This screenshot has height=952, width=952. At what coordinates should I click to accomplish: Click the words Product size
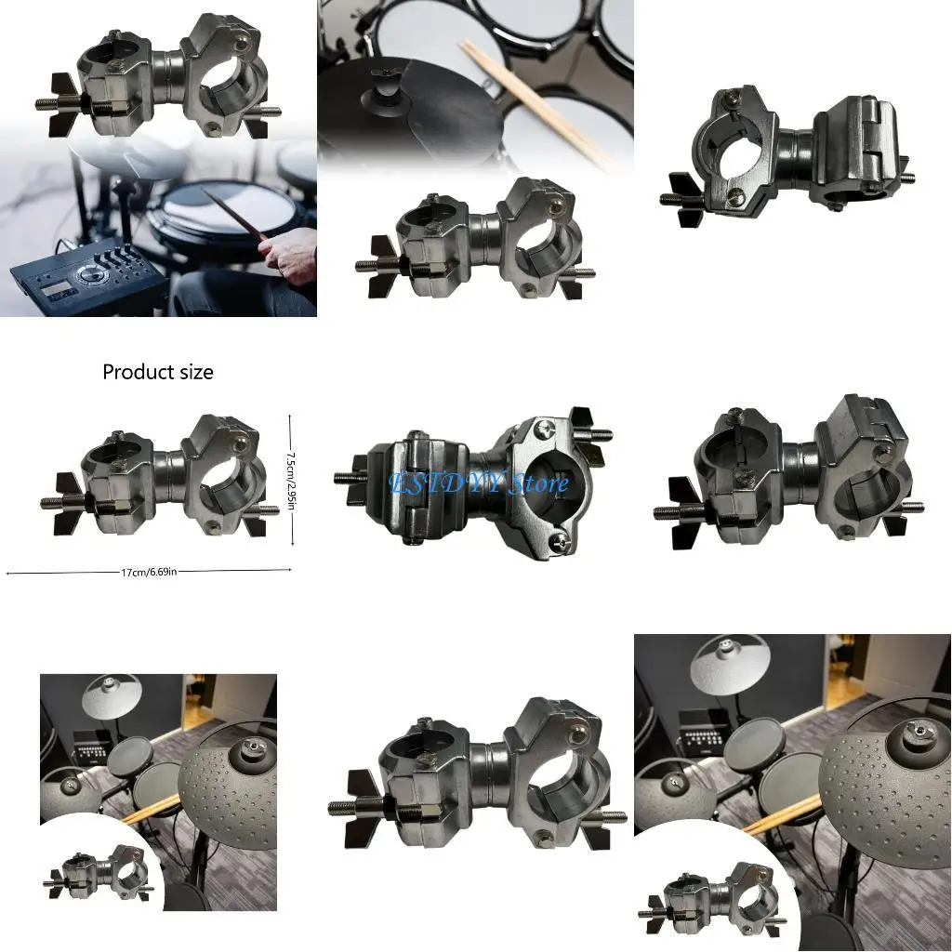click(158, 372)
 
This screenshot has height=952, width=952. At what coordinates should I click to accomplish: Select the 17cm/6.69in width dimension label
click(149, 572)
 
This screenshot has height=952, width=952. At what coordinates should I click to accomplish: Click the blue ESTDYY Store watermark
click(480, 483)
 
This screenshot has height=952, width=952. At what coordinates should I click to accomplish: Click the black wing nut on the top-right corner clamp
click(688, 200)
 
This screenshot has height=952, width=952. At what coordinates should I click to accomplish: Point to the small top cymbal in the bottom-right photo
click(730, 662)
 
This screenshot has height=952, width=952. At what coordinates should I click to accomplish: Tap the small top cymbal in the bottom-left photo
click(112, 693)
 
